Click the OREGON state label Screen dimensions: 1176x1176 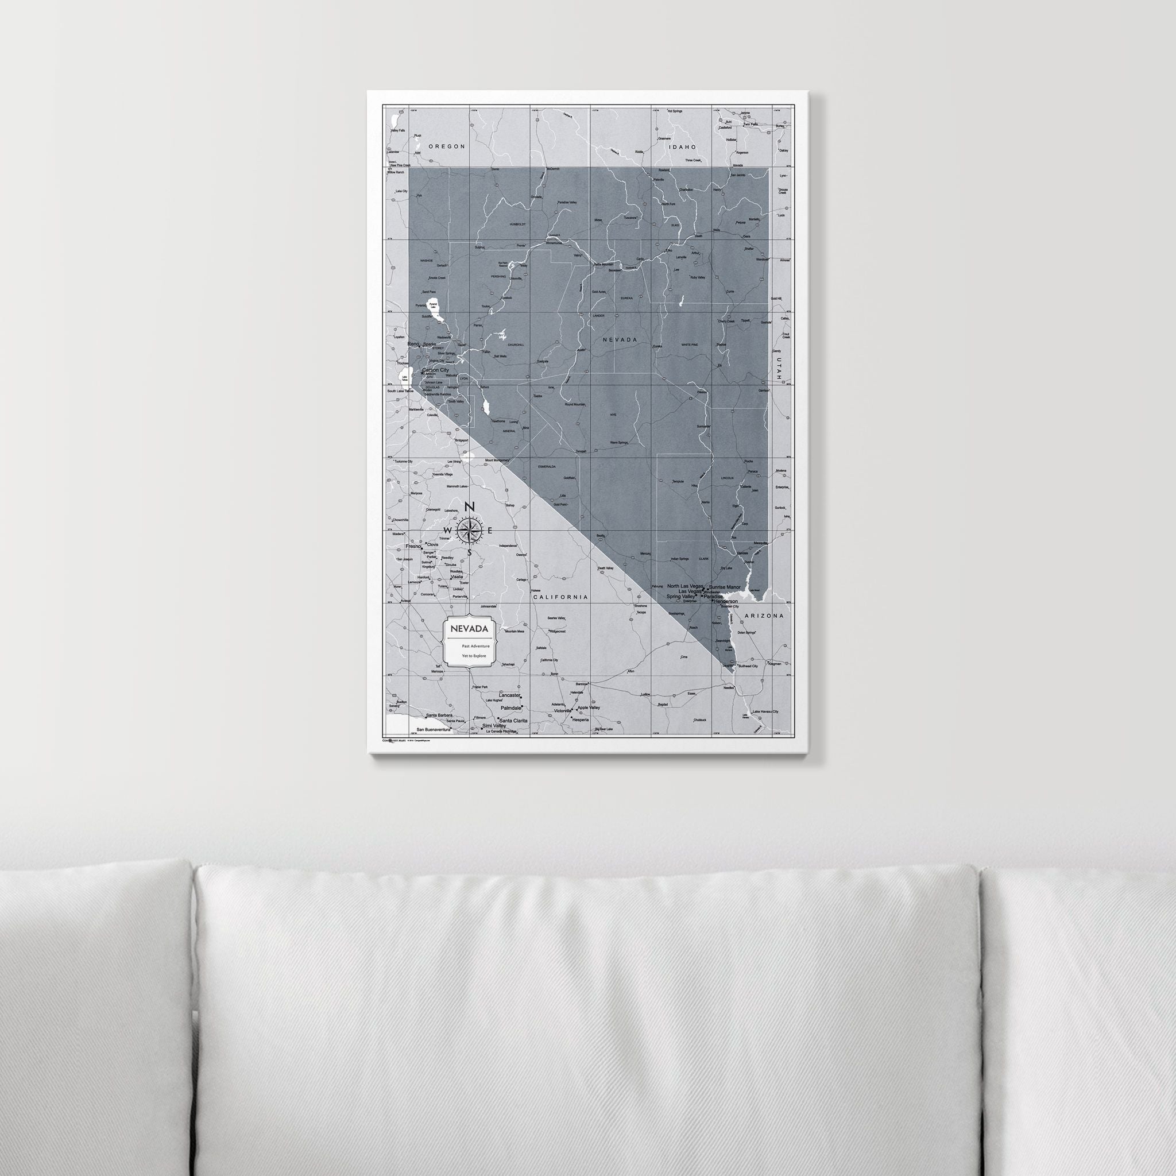(x=446, y=146)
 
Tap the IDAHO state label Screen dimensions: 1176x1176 (x=682, y=146)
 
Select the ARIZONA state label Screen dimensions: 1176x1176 (x=764, y=616)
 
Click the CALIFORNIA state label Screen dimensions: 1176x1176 (x=560, y=597)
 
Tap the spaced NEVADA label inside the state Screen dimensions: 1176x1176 (x=620, y=340)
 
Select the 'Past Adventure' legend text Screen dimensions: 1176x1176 (x=475, y=645)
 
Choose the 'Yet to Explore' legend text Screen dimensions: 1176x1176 (x=474, y=656)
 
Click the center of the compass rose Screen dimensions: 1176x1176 (x=469, y=529)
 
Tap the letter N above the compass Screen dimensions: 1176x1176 (x=469, y=507)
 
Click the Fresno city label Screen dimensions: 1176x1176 (x=413, y=546)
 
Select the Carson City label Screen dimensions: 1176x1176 (x=435, y=369)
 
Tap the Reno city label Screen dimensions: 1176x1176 (x=413, y=345)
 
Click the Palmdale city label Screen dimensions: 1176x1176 (x=511, y=709)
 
